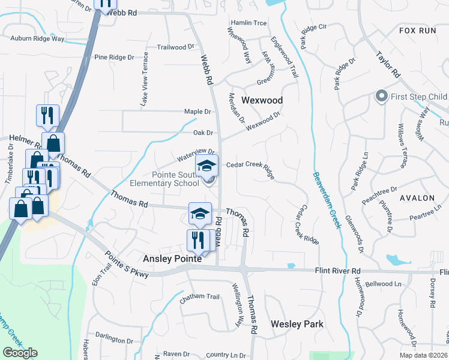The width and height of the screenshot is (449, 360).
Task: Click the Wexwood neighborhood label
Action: coord(262,100)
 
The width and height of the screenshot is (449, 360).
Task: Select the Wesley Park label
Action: coord(297,324)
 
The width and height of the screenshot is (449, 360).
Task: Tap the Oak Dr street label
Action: coord(203,133)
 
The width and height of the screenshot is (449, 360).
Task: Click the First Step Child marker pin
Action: coord(381,96)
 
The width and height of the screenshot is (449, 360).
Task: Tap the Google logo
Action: coord(20,353)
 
